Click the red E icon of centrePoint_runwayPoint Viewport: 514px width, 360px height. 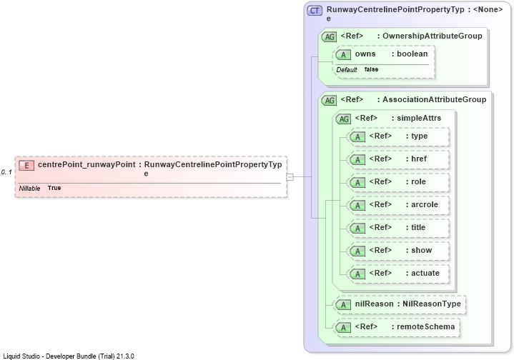click(26, 166)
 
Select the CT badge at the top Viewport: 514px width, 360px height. click(315, 11)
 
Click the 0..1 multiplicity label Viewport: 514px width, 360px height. click(6, 172)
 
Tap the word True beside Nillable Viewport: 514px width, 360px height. click(54, 188)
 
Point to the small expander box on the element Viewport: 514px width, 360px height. click(290, 177)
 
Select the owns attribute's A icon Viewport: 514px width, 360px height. click(343, 54)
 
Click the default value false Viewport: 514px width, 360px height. click(371, 69)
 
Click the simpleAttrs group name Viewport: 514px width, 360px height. click(419, 118)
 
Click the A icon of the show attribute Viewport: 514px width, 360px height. click(357, 251)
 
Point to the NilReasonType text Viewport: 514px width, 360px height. click(431, 304)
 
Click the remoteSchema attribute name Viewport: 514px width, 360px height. click(426, 326)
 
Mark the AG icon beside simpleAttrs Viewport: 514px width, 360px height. click(344, 119)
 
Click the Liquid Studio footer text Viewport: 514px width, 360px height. click(69, 356)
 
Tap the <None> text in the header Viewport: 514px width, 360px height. click(488, 9)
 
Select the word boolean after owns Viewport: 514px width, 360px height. click(412, 54)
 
